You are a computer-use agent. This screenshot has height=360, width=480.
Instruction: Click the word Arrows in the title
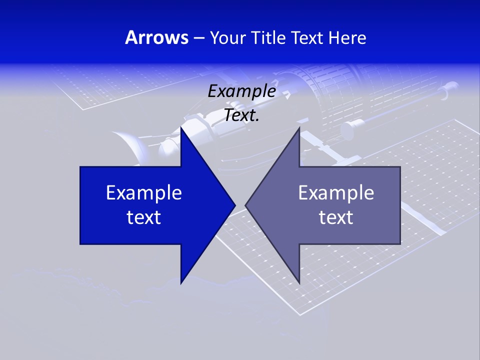(156, 37)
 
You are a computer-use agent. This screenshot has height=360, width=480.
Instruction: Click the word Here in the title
(347, 37)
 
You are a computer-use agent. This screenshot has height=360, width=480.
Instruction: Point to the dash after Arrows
(198, 38)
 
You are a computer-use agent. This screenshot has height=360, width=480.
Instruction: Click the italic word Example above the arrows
(241, 91)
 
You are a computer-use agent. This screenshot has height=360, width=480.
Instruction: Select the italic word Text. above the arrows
(242, 115)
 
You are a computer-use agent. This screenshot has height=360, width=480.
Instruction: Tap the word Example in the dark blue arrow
(144, 192)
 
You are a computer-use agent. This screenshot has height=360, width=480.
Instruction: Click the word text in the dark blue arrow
(144, 217)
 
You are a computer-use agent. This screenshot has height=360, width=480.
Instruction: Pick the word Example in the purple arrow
(336, 192)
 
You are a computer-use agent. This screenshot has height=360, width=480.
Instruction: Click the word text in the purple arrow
(336, 217)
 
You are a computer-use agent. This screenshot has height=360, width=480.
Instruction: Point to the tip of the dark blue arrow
(234, 205)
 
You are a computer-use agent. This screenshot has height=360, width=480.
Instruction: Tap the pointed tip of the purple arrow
(246, 205)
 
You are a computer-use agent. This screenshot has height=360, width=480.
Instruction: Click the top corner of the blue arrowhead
(181, 128)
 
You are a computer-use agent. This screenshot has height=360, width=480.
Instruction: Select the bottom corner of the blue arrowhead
(181, 283)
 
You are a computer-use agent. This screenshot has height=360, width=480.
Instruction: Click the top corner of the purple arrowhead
(299, 128)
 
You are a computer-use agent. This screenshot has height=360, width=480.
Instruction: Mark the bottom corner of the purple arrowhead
(299, 283)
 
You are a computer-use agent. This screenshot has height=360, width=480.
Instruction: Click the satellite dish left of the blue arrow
(131, 145)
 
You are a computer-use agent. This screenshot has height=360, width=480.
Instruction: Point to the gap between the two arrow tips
(240, 205)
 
